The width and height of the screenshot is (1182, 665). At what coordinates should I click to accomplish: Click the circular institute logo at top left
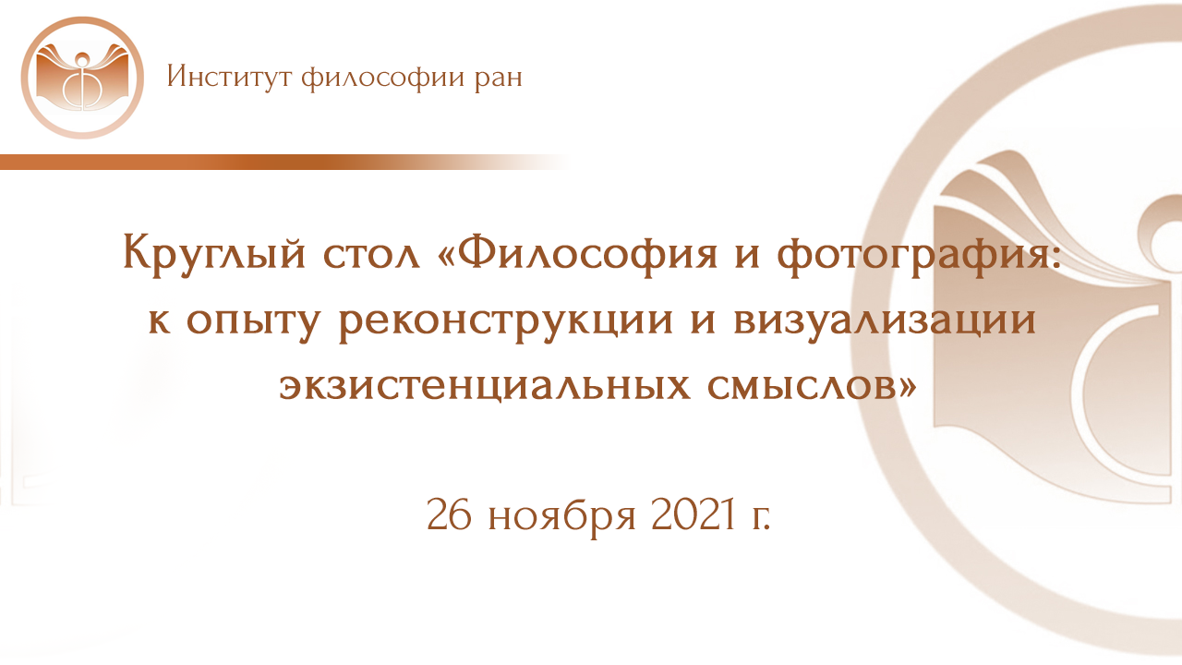click(82, 78)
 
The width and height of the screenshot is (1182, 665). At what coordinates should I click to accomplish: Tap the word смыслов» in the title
click(813, 385)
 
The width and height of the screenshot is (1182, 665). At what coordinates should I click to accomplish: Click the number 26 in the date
click(450, 514)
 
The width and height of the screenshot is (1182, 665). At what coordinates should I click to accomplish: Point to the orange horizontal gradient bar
click(277, 162)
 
